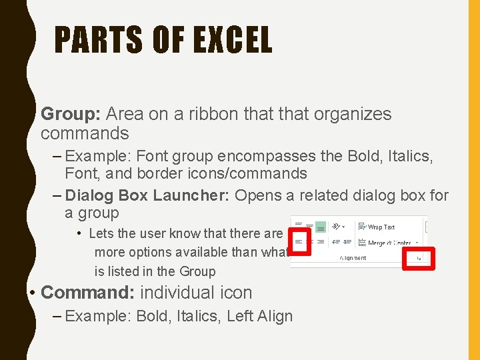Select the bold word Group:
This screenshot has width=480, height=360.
pos(70,115)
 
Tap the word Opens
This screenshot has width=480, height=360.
pos(259,196)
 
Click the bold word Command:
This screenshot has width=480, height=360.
pos(88,293)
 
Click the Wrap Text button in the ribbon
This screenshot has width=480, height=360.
pos(377,227)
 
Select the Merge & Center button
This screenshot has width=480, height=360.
pos(387,243)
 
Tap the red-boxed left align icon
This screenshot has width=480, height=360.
pos(299,241)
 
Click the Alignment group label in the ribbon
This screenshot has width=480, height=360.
pos(353,258)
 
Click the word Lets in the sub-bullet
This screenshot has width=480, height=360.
pos(99,233)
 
